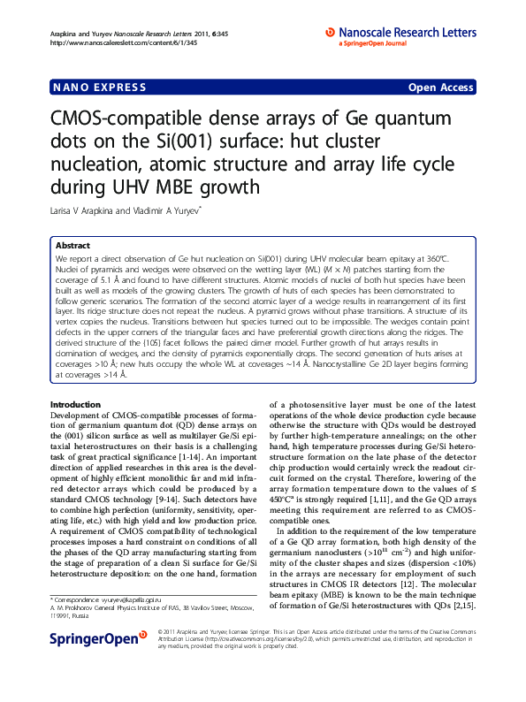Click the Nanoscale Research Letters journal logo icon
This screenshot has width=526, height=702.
click(x=330, y=31)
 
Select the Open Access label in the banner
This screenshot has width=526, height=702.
click(x=440, y=88)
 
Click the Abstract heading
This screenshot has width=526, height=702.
click(x=72, y=245)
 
